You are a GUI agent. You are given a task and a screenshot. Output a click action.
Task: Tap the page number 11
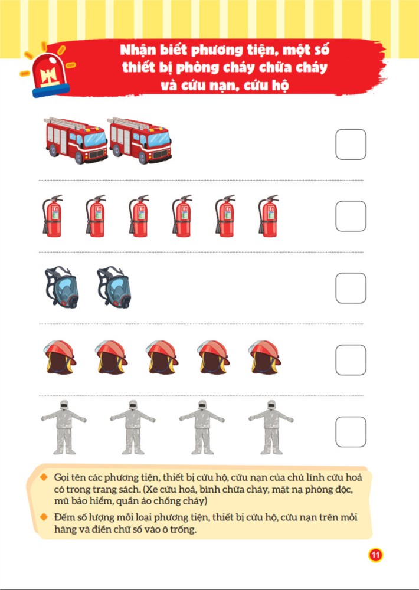click(375, 555)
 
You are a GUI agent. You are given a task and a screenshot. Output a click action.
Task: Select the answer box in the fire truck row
click(351, 145)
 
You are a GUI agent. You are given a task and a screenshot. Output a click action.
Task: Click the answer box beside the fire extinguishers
click(351, 217)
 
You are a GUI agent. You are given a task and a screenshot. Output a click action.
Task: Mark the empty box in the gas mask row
click(351, 289)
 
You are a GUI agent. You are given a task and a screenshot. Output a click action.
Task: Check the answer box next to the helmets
click(351, 360)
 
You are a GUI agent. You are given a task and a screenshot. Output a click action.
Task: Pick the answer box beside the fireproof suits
click(351, 432)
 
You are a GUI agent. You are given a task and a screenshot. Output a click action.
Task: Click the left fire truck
click(76, 140)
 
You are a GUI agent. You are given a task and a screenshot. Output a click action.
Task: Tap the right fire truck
click(140, 140)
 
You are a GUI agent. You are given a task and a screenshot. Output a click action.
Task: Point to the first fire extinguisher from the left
click(53, 216)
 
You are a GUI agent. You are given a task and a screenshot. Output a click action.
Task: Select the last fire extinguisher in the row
click(268, 216)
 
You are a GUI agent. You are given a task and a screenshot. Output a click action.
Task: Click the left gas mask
click(61, 287)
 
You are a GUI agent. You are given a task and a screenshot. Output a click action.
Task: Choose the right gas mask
click(114, 287)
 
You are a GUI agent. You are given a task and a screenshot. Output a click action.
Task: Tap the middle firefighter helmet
click(162, 358)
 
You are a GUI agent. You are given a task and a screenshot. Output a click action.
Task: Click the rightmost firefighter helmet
click(264, 358)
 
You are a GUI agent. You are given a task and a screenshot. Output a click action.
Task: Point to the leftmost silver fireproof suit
click(63, 427)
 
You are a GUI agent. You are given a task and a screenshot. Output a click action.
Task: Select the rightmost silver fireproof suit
click(271, 427)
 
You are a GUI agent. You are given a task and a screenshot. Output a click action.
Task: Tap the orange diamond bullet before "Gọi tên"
click(44, 477)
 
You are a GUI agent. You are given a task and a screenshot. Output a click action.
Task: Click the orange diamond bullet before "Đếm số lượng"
click(44, 517)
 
